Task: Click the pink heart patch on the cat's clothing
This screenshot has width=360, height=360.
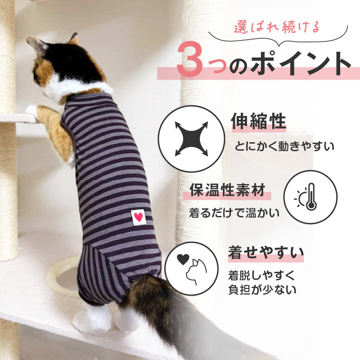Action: pyautogui.click(x=139, y=217)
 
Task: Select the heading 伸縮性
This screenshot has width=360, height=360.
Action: pyautogui.click(x=258, y=121)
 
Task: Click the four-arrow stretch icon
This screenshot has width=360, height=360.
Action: pyautogui.click(x=191, y=139)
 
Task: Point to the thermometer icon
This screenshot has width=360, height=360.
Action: pyautogui.click(x=311, y=197)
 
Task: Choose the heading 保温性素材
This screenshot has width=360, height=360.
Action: pyautogui.click(x=227, y=190)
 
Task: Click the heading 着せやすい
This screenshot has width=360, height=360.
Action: pyautogui.click(x=266, y=252)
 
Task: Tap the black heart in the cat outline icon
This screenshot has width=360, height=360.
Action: pyautogui.click(x=183, y=260)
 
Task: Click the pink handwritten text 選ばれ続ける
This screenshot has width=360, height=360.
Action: pyautogui.click(x=276, y=27)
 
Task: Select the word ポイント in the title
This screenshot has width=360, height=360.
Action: pyautogui.click(x=301, y=63)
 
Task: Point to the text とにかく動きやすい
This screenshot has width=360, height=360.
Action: pyautogui.click(x=284, y=146)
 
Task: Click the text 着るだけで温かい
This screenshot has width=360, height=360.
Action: pyautogui.click(x=234, y=213)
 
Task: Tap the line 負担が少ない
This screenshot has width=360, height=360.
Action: pyautogui.click(x=262, y=289)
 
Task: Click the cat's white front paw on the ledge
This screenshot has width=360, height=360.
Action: pyautogui.click(x=31, y=110)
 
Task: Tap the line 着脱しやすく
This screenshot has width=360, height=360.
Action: pyautogui.click(x=261, y=275)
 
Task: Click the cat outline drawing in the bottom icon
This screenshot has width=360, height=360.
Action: pyautogui.click(x=196, y=272)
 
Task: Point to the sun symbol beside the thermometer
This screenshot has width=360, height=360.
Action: pyautogui.click(x=300, y=198)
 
